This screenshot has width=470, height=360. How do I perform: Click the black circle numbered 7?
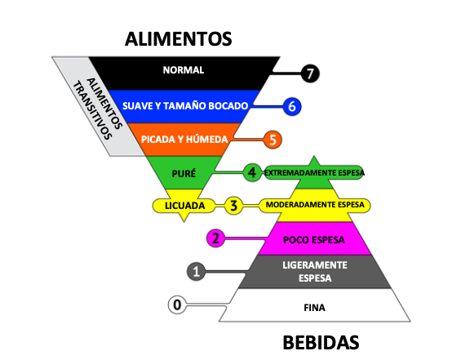pos(310,73)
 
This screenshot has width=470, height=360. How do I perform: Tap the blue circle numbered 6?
pos(292,106)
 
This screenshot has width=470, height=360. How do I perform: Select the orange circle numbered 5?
pos(273,140)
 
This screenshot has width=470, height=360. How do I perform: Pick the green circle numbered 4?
pos(252,172)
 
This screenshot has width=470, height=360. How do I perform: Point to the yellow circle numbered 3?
pos(233,206)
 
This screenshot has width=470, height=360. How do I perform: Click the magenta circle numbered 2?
pos(215,238)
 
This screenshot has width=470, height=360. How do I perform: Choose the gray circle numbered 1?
pos(196,272)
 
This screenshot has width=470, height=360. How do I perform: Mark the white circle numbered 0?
pos(177,304)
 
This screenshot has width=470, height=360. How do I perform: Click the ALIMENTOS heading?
pos(179,39)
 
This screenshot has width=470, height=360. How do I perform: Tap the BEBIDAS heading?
pos(321,343)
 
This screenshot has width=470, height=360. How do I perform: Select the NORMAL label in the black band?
pos(184,70)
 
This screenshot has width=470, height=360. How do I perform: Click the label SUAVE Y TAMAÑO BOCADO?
pos(185,106)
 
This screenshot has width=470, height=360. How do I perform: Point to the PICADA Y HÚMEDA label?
pos(184,140)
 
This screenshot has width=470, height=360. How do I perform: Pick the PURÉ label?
pos(184,173)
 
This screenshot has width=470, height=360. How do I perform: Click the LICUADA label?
pos(185,206)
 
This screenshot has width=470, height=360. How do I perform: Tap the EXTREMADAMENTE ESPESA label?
pos(314,173)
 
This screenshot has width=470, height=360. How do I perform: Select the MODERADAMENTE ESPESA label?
pos(315,205)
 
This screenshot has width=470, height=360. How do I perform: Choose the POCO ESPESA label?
pos(314,240)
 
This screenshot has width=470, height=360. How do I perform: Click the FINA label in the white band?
pos(314,308)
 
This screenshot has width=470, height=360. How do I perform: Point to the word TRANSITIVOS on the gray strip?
pos(92,110)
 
